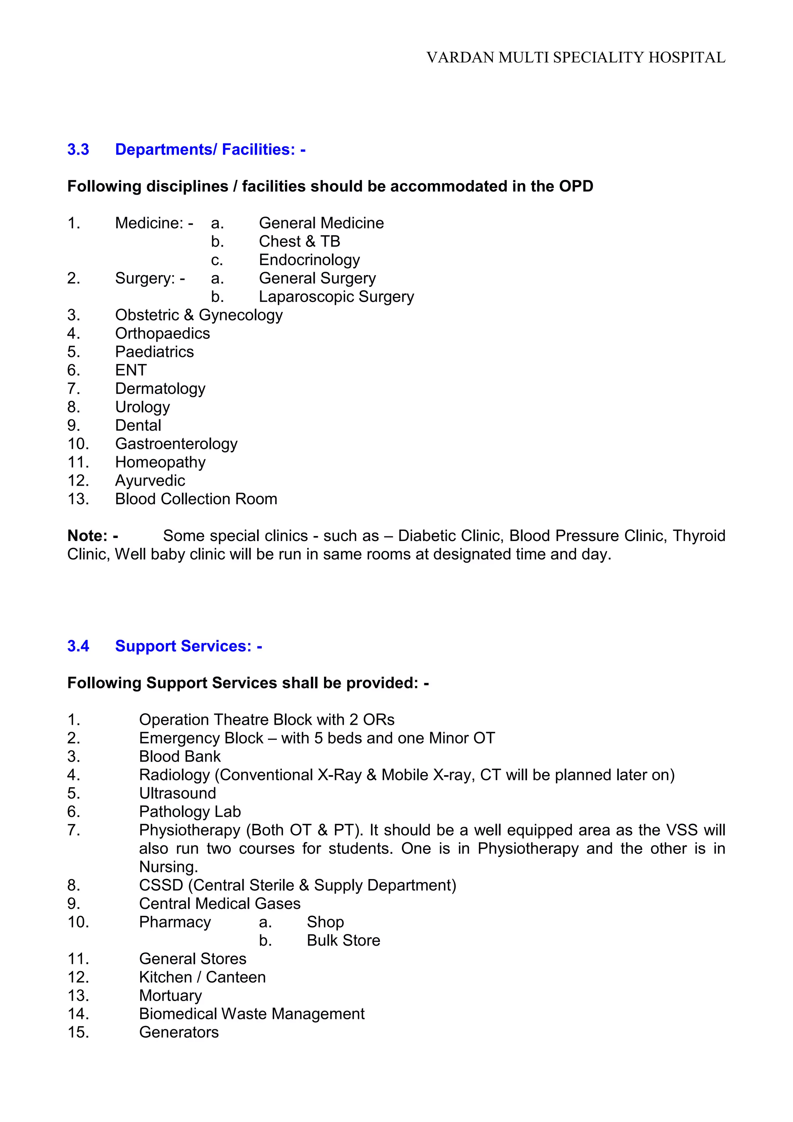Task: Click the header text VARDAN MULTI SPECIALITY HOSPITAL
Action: coord(576,58)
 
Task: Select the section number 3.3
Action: coord(78,150)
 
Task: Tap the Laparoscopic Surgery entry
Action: coord(336,296)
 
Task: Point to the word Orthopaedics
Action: coord(162,334)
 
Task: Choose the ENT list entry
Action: coord(130,371)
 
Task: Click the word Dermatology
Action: coord(160,389)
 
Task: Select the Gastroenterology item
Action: coord(176,444)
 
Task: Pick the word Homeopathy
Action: coord(160,462)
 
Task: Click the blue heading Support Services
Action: coord(188,646)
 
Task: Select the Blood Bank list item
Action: coord(180,757)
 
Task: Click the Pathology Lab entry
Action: coord(190,812)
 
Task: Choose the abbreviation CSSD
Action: coord(161,886)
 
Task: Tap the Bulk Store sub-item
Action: coord(343,941)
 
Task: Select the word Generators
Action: coord(179,1032)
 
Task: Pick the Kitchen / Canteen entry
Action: coord(202,977)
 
